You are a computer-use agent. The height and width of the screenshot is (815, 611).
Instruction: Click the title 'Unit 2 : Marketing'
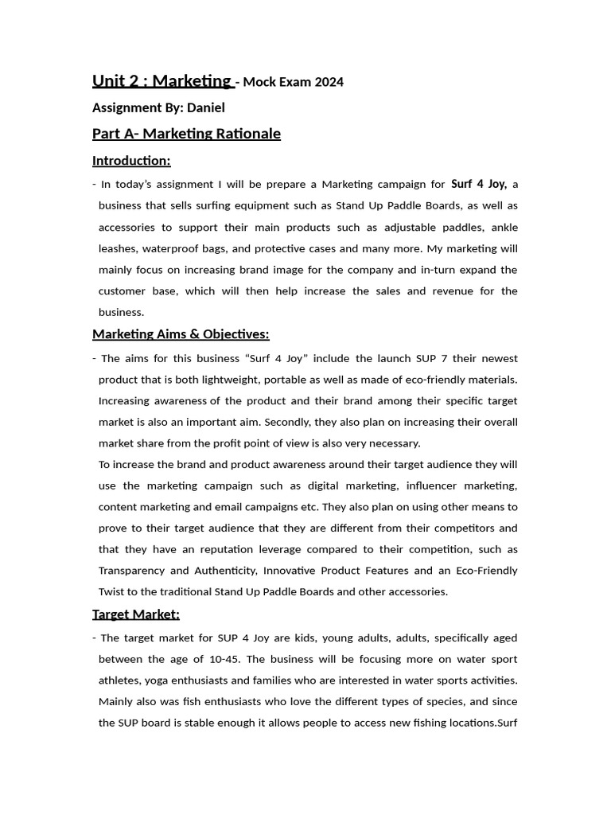(x=162, y=80)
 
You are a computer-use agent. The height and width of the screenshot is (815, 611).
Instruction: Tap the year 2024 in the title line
(x=329, y=82)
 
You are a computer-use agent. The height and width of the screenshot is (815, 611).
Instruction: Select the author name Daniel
(x=205, y=107)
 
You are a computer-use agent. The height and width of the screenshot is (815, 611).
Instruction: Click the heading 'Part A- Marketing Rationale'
(x=186, y=133)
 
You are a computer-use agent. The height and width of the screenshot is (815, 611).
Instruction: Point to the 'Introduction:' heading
(x=131, y=161)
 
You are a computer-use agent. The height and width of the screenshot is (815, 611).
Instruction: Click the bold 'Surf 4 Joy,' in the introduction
(x=479, y=184)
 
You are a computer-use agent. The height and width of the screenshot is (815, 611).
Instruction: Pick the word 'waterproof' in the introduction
(x=169, y=248)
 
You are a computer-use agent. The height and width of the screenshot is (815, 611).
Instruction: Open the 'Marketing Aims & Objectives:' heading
(x=181, y=333)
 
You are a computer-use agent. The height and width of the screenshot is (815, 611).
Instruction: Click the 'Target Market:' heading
(x=136, y=614)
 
